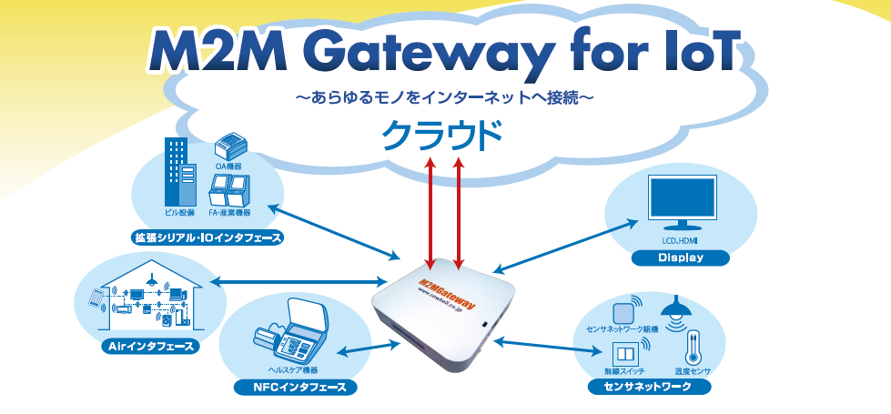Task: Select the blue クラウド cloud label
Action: point(442,136)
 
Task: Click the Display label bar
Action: point(681,257)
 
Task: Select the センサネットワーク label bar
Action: point(647,388)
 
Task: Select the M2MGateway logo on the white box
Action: point(452,281)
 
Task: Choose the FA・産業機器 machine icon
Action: point(229,189)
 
